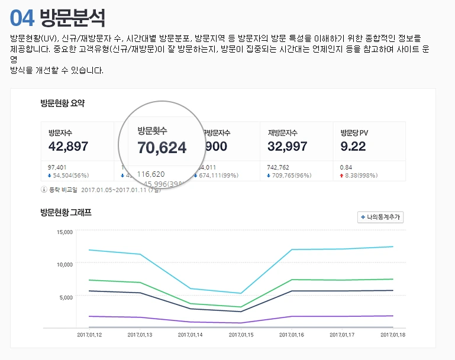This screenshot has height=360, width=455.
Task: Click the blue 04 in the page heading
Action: coord(22,18)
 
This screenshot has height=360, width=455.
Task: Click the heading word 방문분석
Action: coord(73,18)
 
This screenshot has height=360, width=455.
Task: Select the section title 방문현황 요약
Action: coord(62,103)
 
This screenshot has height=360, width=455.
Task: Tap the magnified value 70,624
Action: coord(162,147)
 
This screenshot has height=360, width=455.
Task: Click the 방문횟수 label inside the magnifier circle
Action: coord(152,130)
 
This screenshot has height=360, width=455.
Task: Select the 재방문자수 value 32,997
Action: coord(288,146)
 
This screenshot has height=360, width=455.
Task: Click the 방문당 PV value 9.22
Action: coord(353,146)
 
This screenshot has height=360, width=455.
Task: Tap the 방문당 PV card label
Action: coord(354,132)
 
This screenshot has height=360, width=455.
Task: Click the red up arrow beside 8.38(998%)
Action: coord(342,176)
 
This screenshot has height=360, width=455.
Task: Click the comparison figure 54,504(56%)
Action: coord(70,176)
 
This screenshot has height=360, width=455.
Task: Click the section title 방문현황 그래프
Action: coord(66,212)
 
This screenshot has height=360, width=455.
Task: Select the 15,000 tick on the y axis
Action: coord(64,232)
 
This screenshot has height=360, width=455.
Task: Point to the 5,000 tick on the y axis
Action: coord(66,297)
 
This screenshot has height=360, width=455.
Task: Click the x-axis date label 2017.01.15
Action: coord(241,335)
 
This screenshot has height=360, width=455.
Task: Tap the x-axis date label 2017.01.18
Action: coord(393,335)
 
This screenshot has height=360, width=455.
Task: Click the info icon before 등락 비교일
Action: coord(44,189)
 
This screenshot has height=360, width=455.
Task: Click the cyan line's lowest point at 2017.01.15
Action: coord(241,293)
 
